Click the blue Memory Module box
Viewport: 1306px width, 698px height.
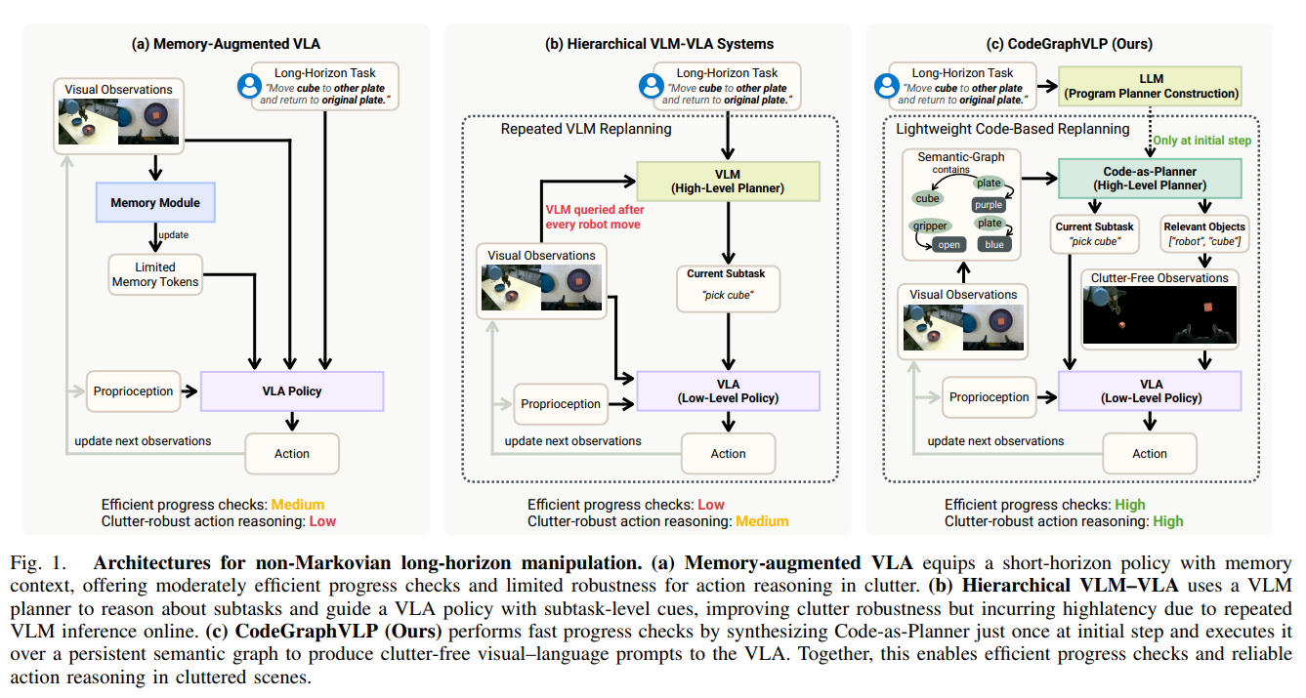pos(155,202)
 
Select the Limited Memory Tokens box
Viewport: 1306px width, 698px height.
pos(155,274)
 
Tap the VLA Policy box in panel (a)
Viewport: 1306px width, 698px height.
pos(292,390)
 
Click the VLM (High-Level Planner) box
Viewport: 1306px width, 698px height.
pos(728,182)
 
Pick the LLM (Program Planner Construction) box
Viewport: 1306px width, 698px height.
pos(1151,86)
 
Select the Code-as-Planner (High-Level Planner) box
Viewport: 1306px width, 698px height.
pos(1150,179)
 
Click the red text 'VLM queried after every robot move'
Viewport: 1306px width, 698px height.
pos(594,217)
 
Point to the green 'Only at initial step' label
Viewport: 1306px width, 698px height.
pos(1201,141)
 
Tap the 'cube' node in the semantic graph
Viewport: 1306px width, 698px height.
pos(927,198)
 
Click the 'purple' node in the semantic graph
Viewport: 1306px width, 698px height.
pos(989,204)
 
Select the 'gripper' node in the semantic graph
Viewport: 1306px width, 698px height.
pos(930,226)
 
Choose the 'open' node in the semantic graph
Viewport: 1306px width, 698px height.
pos(948,245)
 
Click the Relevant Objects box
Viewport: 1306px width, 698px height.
pos(1204,233)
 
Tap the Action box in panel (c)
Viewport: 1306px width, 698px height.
pos(1150,453)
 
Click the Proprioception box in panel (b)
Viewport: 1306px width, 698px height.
pos(561,404)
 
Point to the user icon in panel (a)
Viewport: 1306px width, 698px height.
pos(249,86)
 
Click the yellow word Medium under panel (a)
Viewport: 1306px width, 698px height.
pos(297,505)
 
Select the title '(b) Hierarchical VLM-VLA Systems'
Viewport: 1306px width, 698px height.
pos(659,44)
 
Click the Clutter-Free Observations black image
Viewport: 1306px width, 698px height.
pos(1159,315)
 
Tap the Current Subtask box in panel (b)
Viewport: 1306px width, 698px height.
pos(728,288)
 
